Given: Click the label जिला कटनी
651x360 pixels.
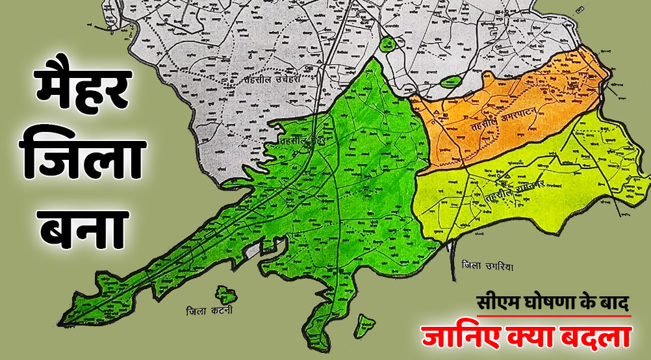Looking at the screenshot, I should click(x=208, y=311).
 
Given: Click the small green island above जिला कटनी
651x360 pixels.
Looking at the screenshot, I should click(x=226, y=294).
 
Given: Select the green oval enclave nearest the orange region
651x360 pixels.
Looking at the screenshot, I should click(x=450, y=82).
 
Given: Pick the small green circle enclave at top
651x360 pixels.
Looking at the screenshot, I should click(x=388, y=44).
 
